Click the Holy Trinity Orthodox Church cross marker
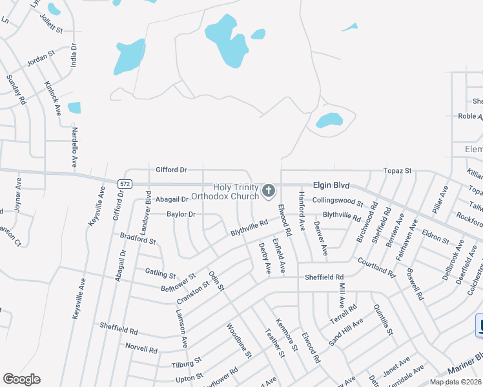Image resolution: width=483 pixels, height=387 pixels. point(269,191)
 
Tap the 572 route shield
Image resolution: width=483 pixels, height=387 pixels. point(125,184)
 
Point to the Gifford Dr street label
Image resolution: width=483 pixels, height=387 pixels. point(171,170)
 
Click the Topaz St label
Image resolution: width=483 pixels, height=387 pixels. point(398,170)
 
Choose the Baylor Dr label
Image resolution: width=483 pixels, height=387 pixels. point(181,213)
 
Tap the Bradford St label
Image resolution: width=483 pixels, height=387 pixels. point(138,239)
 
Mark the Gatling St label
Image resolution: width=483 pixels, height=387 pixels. point(160,273)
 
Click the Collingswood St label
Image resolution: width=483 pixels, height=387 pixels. point(333,201)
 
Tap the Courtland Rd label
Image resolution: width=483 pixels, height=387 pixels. point(376,266)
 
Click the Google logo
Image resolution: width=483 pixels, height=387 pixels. point(21,379)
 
